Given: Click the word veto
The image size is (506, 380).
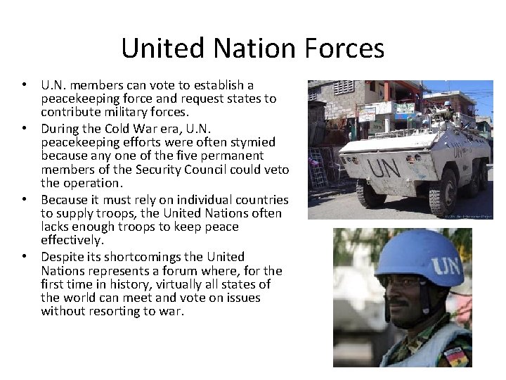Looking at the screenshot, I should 275,169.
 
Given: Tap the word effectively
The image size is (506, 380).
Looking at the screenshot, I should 72,240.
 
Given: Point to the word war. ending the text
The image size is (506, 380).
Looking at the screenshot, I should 171,311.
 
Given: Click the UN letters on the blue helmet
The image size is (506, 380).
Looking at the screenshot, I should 446,265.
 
